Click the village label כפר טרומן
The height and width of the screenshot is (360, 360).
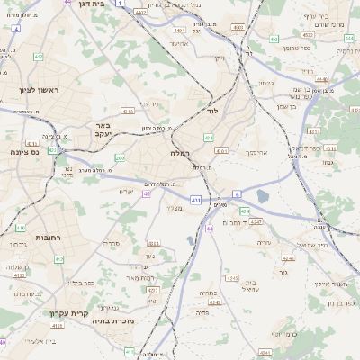(295, 46)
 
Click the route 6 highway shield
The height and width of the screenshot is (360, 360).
(237, 193)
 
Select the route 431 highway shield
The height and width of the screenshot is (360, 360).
(196, 199)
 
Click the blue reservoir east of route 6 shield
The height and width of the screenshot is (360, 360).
(262, 195)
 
